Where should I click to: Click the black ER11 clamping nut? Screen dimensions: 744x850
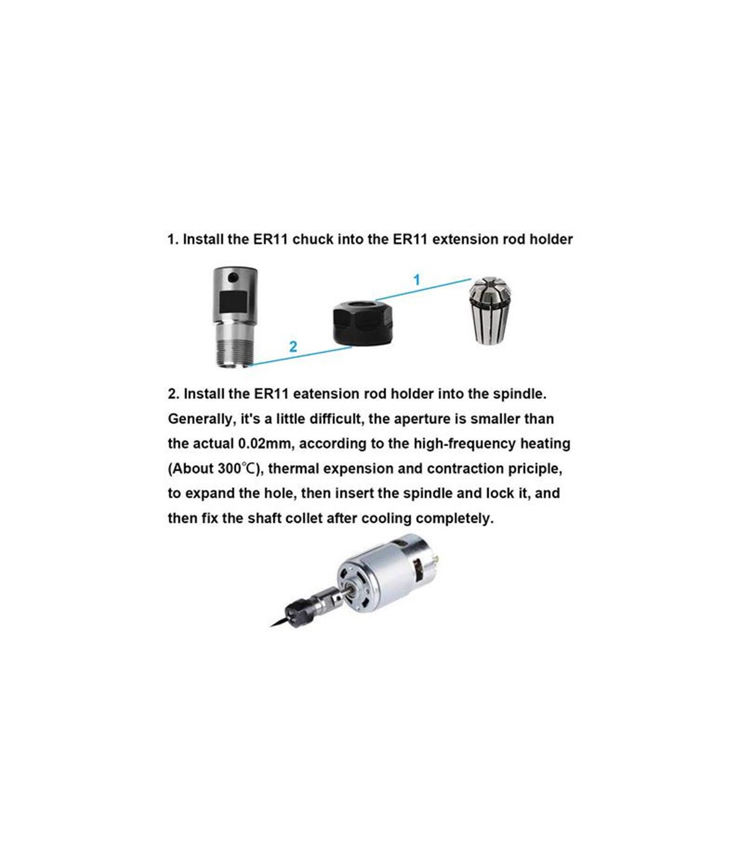click(x=363, y=323)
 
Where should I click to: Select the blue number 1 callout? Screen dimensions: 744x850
click(x=417, y=280)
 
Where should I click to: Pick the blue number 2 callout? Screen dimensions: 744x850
click(x=293, y=346)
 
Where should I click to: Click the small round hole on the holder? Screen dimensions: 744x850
click(x=234, y=276)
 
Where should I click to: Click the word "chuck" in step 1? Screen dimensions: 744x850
click(x=313, y=240)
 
